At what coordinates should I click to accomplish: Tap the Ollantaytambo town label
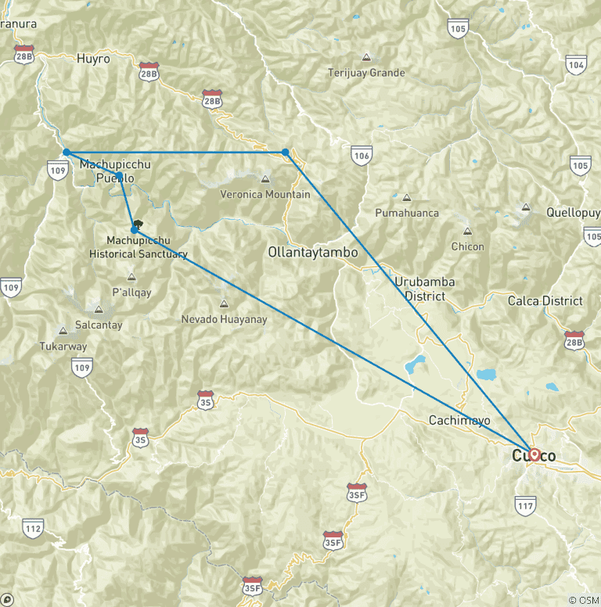312,253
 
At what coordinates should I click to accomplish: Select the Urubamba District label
425,289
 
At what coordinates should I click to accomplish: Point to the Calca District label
545,300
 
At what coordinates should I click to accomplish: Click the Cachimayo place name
459,420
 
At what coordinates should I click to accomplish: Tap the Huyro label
93,58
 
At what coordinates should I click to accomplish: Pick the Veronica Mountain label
265,194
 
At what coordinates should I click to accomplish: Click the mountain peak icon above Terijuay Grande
366,58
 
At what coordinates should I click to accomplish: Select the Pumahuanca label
407,213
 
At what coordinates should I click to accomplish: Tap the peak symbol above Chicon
468,232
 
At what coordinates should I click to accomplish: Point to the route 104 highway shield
577,66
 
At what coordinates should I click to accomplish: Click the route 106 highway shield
361,155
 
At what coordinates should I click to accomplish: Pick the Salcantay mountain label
99,325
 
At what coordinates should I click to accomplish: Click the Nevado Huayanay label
224,319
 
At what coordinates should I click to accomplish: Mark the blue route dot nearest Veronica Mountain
286,152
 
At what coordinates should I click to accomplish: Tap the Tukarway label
63,346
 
